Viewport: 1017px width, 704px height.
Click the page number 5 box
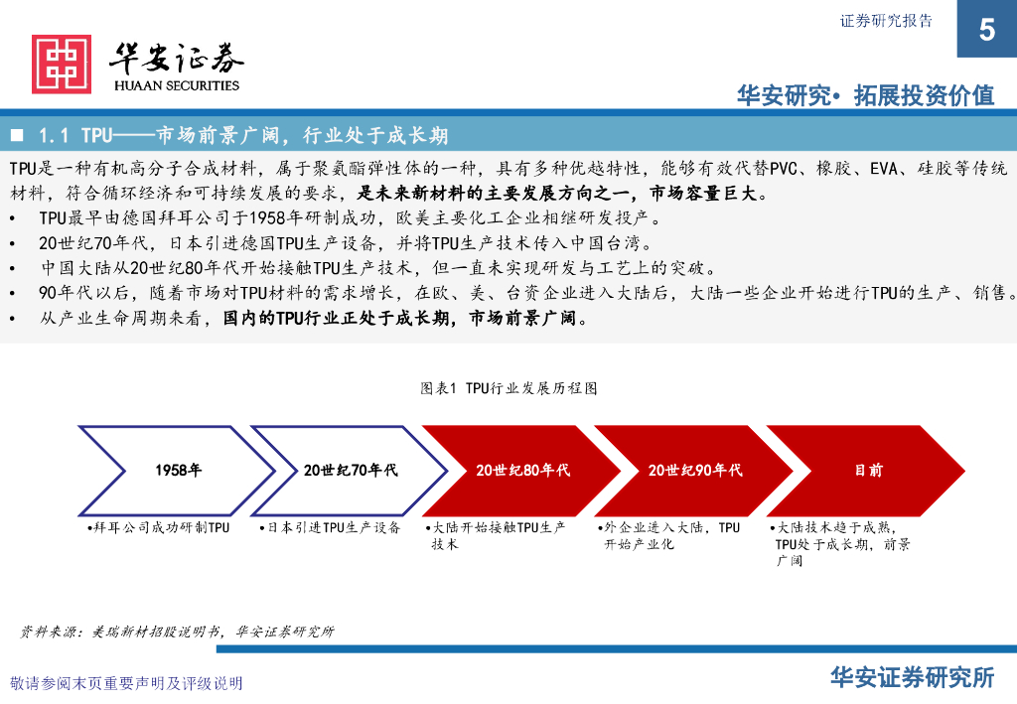point(986,29)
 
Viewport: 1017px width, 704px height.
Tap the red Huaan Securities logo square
point(62,65)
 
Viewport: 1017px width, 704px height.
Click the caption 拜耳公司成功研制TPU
point(159,528)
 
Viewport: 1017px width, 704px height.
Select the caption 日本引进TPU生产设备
point(331,528)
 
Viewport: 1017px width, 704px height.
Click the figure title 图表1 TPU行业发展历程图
point(508,388)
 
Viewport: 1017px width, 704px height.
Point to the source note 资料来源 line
point(178,631)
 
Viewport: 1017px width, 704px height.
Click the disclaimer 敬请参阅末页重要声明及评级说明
point(126,683)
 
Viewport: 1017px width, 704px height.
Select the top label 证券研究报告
point(887,21)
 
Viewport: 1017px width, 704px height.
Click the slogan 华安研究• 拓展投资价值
point(865,95)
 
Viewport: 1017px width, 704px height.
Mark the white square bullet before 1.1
point(17,134)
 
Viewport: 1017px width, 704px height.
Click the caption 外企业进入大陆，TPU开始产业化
point(672,536)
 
